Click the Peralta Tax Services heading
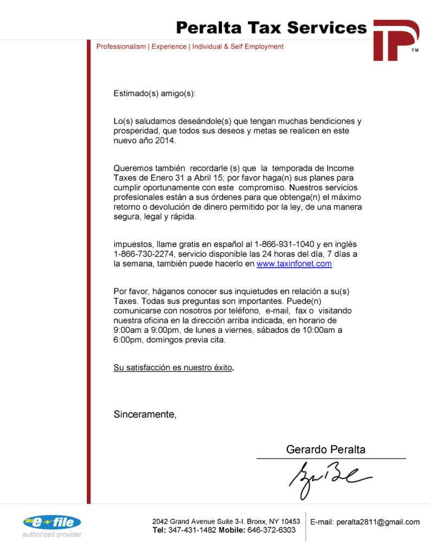[271, 27]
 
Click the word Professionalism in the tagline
[121, 47]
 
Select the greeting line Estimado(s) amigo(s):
[154, 93]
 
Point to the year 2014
[165, 141]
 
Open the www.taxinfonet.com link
[294, 264]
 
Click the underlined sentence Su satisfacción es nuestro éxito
[173, 367]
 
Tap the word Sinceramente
[144, 415]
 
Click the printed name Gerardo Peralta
[325, 449]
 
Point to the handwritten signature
[328, 479]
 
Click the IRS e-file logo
[52, 522]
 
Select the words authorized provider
[52, 535]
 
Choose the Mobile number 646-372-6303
[271, 530]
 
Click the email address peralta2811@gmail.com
[378, 522]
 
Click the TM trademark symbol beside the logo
[415, 50]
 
